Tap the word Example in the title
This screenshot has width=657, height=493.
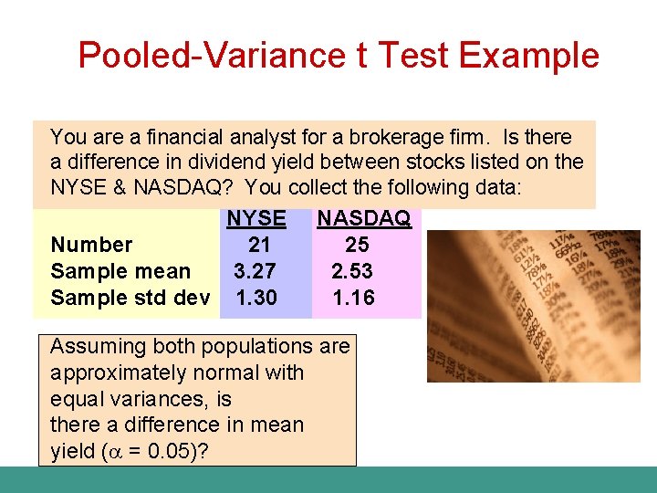tap(529, 56)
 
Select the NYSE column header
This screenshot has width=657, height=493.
tap(255, 219)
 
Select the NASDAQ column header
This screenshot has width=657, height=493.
tap(363, 219)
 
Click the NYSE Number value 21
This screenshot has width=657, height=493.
tap(259, 245)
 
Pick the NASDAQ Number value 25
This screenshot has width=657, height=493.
tap(357, 245)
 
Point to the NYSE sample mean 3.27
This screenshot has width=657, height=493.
tap(256, 271)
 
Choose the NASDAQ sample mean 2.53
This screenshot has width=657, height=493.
tap(352, 271)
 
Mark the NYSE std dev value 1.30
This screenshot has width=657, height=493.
tap(256, 298)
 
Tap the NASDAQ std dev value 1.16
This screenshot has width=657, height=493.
tap(353, 298)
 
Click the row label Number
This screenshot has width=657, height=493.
tap(91, 245)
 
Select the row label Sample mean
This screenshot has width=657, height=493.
tap(120, 271)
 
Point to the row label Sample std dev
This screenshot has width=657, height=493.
tap(130, 298)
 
